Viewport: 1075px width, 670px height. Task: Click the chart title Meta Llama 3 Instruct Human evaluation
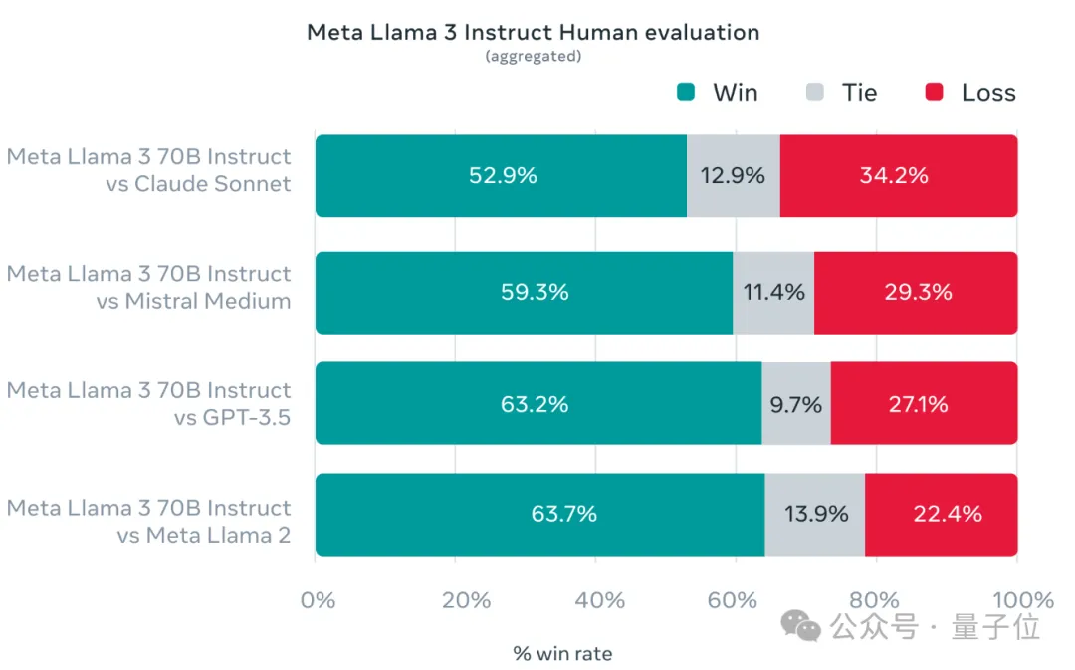[x=533, y=32]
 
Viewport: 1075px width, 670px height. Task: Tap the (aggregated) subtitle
[x=533, y=57]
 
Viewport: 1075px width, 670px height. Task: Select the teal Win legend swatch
[x=686, y=93]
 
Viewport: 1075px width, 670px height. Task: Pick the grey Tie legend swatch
[x=815, y=93]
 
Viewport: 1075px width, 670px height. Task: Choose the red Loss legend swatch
[x=934, y=93]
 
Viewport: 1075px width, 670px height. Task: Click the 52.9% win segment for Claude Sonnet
[x=502, y=176]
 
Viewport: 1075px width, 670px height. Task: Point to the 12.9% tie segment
[x=734, y=176]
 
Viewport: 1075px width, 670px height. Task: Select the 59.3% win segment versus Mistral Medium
[x=525, y=293]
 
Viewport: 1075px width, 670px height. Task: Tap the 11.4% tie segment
[x=773, y=293]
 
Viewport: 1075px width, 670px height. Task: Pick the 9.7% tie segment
[x=796, y=404]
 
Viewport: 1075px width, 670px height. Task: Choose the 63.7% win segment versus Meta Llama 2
[x=540, y=515]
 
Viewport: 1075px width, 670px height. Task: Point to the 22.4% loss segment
[x=941, y=515]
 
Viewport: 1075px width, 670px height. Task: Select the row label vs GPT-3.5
[x=232, y=418]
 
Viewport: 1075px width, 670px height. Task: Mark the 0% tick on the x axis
[x=319, y=600]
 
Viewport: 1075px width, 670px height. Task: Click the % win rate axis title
[x=562, y=654]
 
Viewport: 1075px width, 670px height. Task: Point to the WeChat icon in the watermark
[x=800, y=627]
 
